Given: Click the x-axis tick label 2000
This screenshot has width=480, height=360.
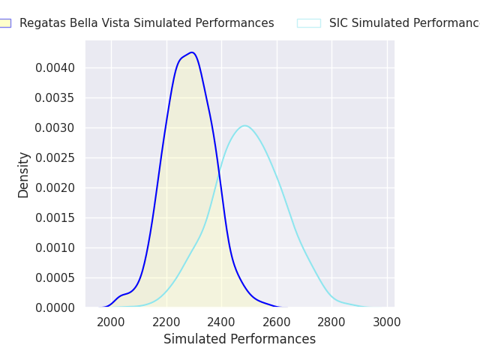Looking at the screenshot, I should tap(111, 322).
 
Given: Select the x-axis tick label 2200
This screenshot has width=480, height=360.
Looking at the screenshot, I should tap(166, 322).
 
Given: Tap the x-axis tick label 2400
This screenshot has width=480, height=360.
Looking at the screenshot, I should tap(221, 322).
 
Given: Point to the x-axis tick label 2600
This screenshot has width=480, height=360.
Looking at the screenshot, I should tap(277, 322).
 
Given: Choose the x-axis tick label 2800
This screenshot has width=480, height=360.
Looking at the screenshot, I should tap(331, 322).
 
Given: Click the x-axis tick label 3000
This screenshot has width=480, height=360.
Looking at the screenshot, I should tap(387, 322).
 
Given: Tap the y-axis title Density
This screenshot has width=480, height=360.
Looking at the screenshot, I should tap(24, 175).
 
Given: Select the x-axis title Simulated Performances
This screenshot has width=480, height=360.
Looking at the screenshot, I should tap(240, 340).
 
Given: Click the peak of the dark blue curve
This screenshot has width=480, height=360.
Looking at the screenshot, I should tap(193, 52).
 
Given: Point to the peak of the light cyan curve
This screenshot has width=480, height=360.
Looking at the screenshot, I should tap(244, 125).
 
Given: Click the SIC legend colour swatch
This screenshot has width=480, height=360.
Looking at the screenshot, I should tap(308, 23).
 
